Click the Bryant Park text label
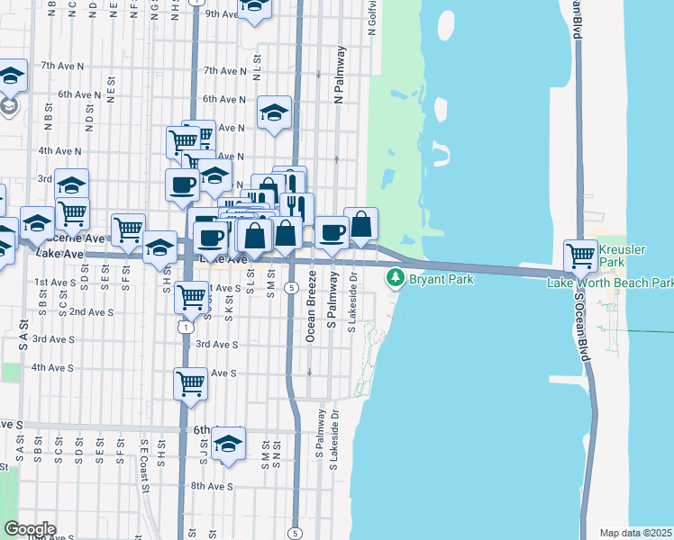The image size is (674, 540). (x=437, y=279)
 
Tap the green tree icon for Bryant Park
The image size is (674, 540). (x=395, y=278)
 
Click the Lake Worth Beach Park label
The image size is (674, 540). (x=610, y=283)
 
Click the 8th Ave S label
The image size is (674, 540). (x=213, y=486)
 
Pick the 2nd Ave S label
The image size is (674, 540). (x=91, y=311)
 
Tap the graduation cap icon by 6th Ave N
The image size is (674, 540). (x=275, y=112)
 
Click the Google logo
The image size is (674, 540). (x=30, y=529)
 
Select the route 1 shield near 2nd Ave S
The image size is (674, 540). (x=185, y=328)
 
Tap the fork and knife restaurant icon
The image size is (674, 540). (x=296, y=209)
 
